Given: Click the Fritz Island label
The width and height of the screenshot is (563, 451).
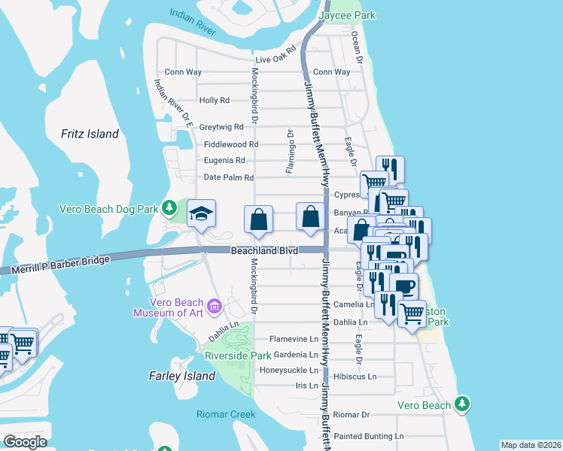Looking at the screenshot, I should coord(90,134).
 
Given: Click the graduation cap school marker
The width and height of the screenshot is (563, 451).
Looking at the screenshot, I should coord(202,214).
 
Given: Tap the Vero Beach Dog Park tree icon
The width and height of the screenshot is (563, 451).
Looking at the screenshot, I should coord(171,207).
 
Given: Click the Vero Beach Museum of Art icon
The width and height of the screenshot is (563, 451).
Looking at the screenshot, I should coord(215,306).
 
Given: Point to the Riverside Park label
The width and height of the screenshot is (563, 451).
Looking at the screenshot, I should coord(238,355).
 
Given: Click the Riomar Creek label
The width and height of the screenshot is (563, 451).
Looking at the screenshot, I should coord(226,414).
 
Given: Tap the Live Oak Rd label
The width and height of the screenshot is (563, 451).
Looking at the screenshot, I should coord(275,59).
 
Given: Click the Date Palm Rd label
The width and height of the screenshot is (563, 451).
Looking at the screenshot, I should coord(229,177).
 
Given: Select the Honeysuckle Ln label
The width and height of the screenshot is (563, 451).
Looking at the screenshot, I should coord(289,370).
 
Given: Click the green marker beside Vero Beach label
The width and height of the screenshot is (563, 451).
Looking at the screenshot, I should coord(463,405).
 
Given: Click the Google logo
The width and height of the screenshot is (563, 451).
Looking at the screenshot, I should coord(24,442).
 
